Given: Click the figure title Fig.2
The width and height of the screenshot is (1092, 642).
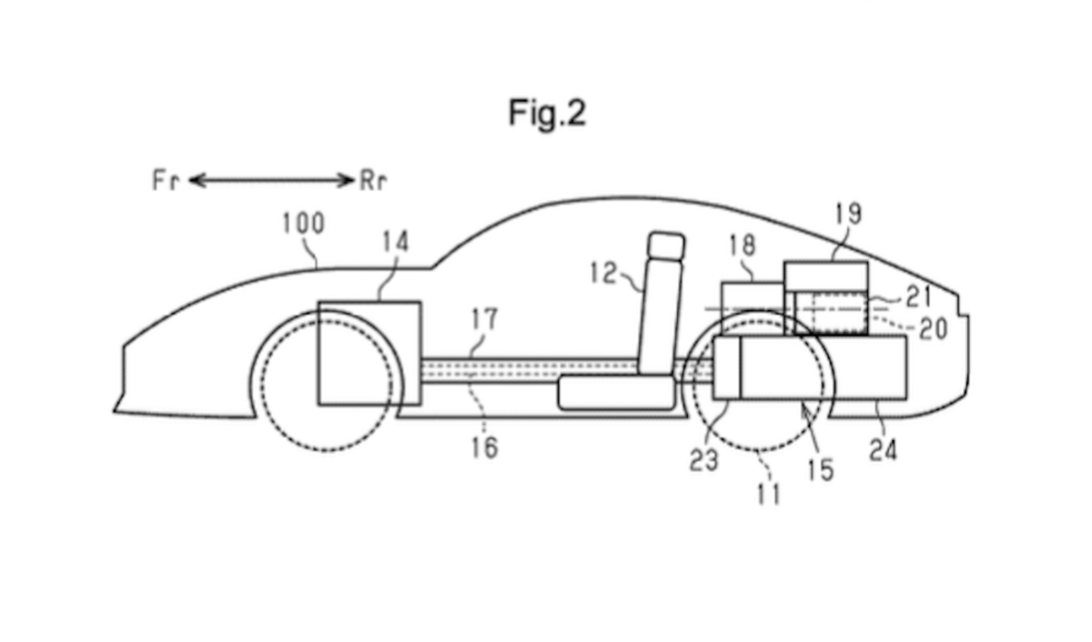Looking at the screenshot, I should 547,114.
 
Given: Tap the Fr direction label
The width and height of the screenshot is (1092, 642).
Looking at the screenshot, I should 166,181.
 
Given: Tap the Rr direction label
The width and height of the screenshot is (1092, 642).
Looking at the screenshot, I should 373,181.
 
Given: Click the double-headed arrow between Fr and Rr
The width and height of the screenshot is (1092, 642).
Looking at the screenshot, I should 271,181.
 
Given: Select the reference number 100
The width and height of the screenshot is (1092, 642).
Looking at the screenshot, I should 303,224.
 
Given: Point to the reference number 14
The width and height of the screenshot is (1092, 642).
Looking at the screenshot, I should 396,243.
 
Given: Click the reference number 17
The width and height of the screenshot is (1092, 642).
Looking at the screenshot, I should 484,319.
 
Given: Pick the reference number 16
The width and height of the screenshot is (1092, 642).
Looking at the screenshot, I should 485,446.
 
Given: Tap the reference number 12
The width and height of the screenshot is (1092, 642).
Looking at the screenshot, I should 603,274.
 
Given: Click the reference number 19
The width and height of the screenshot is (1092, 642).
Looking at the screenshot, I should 846,215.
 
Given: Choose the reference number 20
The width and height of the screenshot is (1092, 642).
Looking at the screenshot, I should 932,328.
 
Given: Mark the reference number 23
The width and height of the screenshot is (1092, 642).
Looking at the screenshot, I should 703,459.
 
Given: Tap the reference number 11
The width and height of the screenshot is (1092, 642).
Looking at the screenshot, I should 769,494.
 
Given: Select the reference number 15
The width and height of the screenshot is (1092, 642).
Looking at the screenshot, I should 820,469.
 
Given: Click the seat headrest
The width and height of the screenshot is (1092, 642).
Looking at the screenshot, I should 667,246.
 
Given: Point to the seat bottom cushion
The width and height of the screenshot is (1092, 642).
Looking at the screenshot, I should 617,392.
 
